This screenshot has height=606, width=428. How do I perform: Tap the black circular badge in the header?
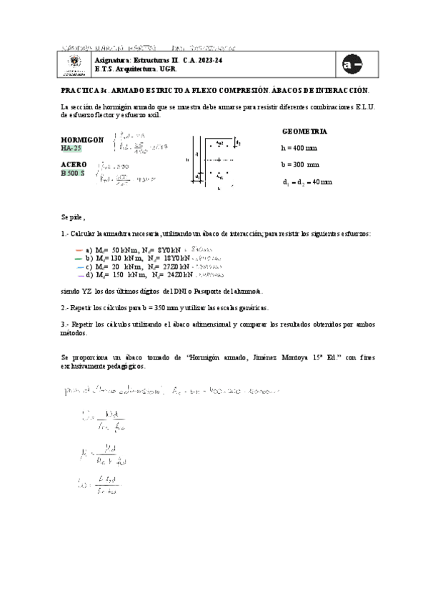[x=352, y=64]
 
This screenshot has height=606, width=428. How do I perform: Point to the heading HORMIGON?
[x=82, y=139]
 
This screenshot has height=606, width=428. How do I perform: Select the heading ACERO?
[x=74, y=164]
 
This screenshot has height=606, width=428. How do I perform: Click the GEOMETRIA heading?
[x=305, y=132]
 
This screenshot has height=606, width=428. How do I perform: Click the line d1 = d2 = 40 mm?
[x=307, y=182]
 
